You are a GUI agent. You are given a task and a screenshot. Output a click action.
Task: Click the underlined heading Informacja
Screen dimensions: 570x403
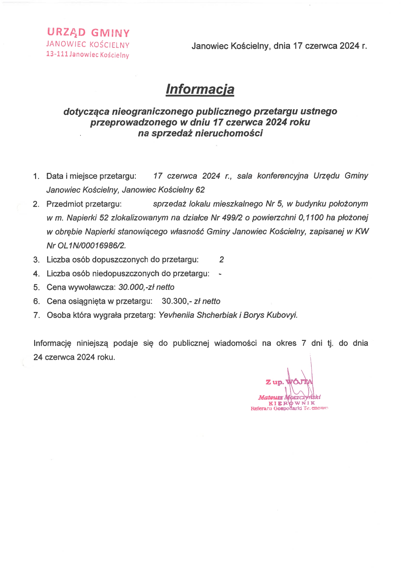[200, 89]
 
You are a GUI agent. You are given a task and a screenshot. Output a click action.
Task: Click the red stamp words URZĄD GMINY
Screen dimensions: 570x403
[88, 32]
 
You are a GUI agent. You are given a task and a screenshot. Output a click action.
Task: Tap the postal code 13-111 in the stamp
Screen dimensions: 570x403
[57, 54]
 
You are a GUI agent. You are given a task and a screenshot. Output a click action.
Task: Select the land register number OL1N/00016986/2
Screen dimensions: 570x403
[91, 245]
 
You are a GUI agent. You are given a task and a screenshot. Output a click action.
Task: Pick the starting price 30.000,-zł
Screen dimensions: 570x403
[136, 287]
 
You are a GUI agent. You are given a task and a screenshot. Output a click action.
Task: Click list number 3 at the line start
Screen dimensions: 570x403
[36, 260]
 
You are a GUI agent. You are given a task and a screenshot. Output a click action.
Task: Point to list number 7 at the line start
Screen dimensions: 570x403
[36, 315]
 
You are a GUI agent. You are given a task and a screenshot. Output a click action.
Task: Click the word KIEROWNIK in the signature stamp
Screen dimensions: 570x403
[292, 403]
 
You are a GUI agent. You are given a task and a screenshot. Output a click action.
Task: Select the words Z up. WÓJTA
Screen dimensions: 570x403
[289, 382]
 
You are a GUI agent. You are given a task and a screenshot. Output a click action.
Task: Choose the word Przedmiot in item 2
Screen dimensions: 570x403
[65, 204]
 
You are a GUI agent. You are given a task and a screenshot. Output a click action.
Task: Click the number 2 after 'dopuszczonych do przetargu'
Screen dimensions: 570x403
[221, 260]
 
